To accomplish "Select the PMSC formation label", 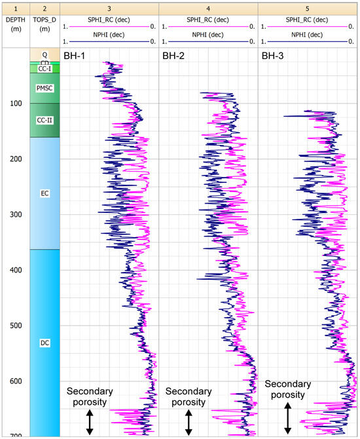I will point(45,88).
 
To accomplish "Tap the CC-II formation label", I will point(45,120).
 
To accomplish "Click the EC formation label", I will point(45,193).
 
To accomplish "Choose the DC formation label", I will point(45,343).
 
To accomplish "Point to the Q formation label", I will point(45,55).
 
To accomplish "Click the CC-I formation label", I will point(45,68).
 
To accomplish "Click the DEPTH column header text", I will point(15,19).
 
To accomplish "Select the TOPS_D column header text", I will point(45,19).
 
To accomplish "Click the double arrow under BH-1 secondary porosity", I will point(90,421).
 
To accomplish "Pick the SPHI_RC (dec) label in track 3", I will point(110,20).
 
